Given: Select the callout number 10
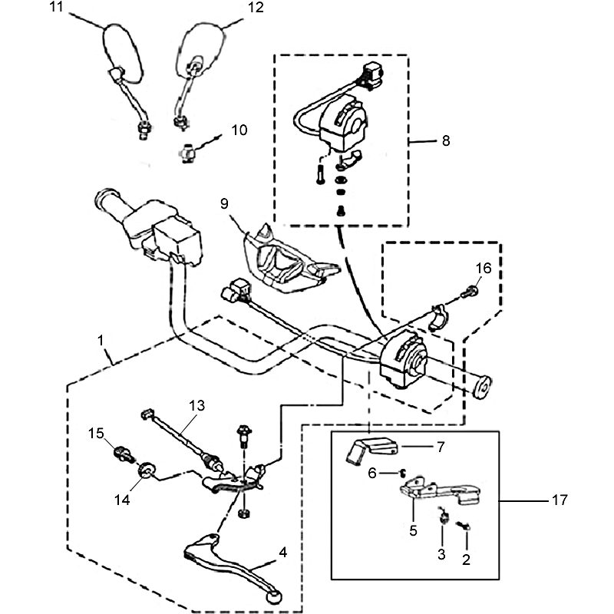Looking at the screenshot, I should click(239, 130).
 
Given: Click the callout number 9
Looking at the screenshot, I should click(224, 203).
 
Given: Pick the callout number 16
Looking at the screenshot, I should click(482, 268).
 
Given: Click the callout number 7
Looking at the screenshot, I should click(440, 446).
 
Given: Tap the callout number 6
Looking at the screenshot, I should click(372, 474).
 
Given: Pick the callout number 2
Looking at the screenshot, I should click(465, 559).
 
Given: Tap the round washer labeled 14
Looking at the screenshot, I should click(143, 470).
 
